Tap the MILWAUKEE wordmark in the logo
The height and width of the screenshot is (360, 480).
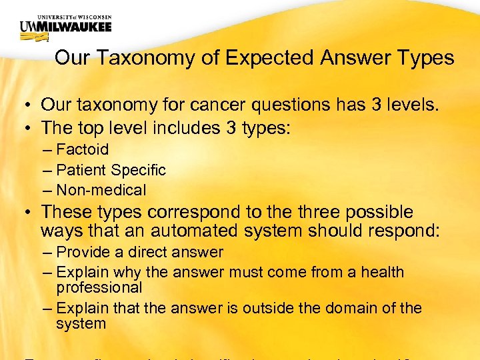point(74,26)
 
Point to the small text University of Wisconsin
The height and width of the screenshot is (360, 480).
point(65,15)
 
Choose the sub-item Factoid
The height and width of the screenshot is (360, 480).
point(82,150)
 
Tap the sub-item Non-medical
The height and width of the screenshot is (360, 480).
point(101,190)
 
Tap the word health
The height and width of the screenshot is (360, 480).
point(382,272)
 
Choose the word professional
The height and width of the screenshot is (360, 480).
point(99,288)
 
